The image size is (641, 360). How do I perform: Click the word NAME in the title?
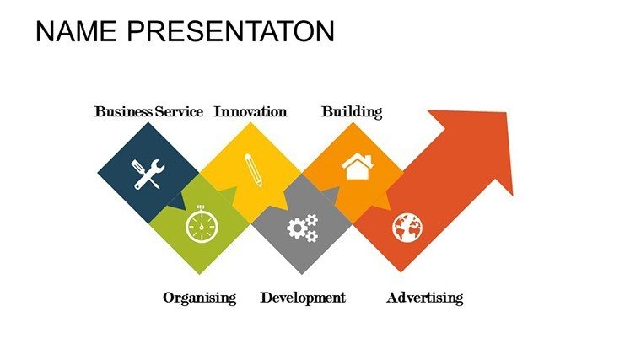(x=76, y=31)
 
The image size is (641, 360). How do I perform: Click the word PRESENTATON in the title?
(x=231, y=31)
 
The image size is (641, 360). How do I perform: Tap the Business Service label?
(x=148, y=111)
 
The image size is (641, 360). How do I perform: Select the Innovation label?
(x=250, y=111)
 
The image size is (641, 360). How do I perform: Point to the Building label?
(x=352, y=112)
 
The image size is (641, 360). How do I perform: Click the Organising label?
(x=200, y=298)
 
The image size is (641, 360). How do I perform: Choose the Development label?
(x=303, y=298)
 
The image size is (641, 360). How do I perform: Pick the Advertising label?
(x=425, y=298)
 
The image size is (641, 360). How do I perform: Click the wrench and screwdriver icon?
(x=148, y=174)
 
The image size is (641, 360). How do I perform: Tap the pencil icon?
(x=253, y=170)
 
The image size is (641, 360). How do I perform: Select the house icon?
(x=358, y=166)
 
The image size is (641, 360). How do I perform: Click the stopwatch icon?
(x=202, y=225)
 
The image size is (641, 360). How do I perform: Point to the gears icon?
(x=303, y=228)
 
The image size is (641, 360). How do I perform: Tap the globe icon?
(x=407, y=228)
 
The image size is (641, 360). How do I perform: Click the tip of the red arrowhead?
(x=507, y=113)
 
